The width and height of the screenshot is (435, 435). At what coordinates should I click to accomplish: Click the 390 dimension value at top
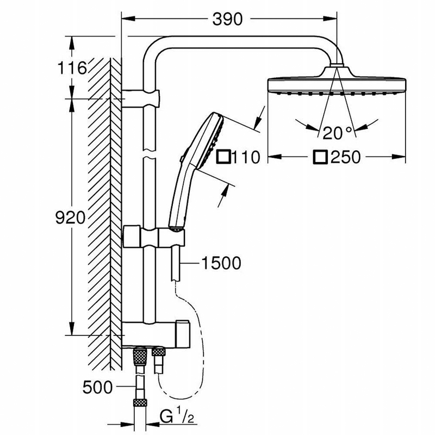tap(227, 20)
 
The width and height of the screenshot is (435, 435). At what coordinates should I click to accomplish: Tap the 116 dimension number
tap(72, 68)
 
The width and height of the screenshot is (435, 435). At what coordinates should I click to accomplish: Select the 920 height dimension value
tap(70, 217)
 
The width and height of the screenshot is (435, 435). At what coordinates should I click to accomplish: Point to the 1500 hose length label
tap(221, 263)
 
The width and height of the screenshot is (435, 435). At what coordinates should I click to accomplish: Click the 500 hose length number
tap(97, 387)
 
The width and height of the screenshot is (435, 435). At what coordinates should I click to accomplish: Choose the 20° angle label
tap(337, 133)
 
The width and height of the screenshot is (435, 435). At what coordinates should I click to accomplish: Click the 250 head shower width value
tap(345, 157)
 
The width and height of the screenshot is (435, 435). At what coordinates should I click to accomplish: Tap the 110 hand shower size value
tap(246, 157)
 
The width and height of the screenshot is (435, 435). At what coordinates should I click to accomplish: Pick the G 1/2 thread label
tap(177, 416)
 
